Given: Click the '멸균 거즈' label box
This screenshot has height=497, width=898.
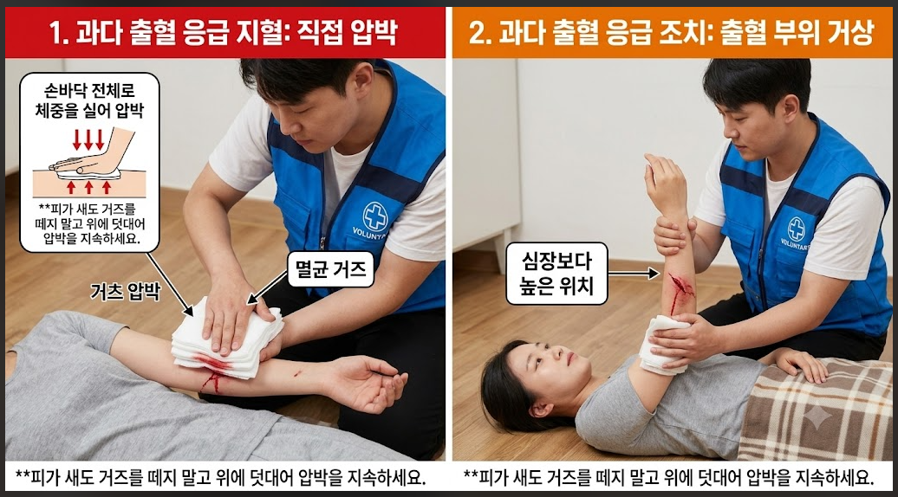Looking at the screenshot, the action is click(x=330, y=268).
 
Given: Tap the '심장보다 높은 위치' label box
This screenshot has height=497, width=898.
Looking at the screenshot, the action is click(x=556, y=274).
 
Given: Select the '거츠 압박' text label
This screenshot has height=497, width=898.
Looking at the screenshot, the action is click(x=126, y=292).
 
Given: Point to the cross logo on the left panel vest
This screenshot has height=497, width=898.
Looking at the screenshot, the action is click(x=375, y=216).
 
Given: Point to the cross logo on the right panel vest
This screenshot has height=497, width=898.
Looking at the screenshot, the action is click(x=796, y=229).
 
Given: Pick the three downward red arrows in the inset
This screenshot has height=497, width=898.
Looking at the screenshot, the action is click(x=88, y=139).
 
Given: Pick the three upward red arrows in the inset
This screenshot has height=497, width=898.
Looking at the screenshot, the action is click(x=88, y=187).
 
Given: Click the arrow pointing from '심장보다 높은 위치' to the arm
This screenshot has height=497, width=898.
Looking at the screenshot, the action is click(x=634, y=274).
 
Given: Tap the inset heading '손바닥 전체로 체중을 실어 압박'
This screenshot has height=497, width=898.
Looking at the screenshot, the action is click(x=89, y=100).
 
